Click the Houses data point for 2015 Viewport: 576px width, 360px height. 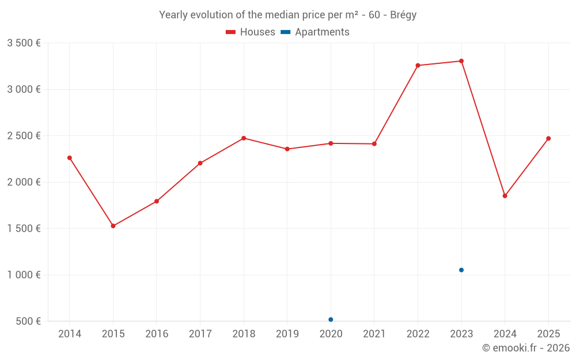[x=113, y=226]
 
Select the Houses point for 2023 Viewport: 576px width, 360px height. [x=461, y=61]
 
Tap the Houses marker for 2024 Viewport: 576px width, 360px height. [x=505, y=196]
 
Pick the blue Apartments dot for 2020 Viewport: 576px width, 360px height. [x=331, y=320]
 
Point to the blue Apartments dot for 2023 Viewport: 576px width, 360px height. [x=461, y=270]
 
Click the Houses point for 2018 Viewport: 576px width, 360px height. [x=244, y=138]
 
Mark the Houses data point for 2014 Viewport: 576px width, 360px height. [x=70, y=158]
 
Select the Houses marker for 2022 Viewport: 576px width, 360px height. [x=418, y=66]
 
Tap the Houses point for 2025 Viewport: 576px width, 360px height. [x=548, y=138]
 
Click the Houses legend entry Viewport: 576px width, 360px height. [x=251, y=32]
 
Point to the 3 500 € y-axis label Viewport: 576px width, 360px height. [x=24, y=43]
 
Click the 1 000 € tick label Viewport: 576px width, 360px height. [x=24, y=275]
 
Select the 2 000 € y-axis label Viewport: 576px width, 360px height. [x=24, y=182]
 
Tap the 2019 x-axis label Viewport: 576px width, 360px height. [x=287, y=334]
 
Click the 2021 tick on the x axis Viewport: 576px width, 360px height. [x=374, y=334]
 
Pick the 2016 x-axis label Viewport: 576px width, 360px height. [x=157, y=334]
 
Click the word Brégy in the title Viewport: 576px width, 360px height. [x=403, y=15]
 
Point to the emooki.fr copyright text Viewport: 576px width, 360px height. [x=526, y=348]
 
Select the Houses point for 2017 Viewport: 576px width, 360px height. [x=200, y=163]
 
